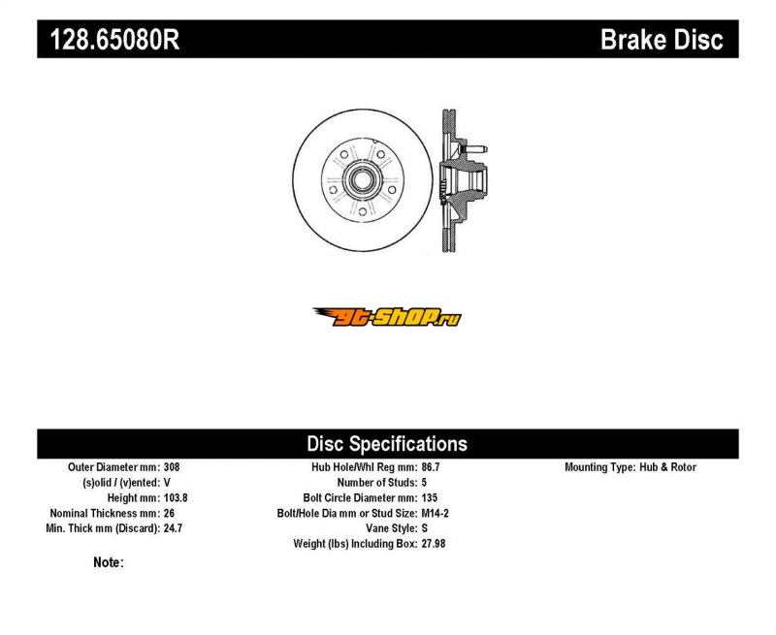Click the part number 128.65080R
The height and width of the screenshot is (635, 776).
pos(114,39)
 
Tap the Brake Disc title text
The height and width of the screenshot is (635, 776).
pos(662,39)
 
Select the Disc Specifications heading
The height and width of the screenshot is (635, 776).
pos(387,444)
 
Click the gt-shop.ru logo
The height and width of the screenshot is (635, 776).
pos(387,317)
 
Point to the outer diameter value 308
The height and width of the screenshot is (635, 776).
pos(172,467)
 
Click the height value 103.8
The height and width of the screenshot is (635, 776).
pos(176,497)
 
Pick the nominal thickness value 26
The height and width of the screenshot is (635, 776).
pos(169,513)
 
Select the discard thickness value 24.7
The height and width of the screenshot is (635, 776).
pos(174,528)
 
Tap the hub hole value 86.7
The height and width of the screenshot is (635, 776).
pos(431,467)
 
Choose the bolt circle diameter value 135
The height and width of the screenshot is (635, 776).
pos(430,497)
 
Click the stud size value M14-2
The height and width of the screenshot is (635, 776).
pos(436,513)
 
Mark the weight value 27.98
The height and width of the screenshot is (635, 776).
pos(434,544)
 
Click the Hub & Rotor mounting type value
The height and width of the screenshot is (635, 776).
pos(667,467)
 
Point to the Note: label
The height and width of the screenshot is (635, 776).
pos(109,562)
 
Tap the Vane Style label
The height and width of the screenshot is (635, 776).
pos(392,528)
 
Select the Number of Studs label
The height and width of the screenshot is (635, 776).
pos(377,482)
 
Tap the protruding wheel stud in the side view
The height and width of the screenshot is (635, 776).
pos(476,149)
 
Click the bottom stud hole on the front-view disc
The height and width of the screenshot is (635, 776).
pos(362,211)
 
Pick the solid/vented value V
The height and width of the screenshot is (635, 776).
pos(167,482)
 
